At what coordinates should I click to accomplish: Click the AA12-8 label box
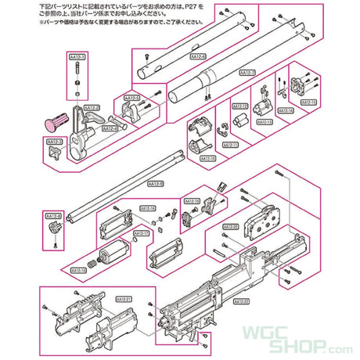point(54,214)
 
